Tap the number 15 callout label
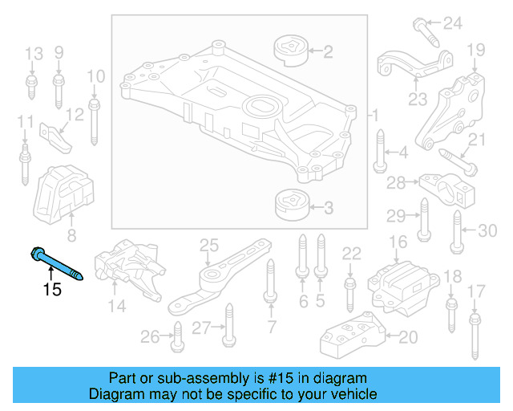51,289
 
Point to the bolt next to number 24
425,30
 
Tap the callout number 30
487,230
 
